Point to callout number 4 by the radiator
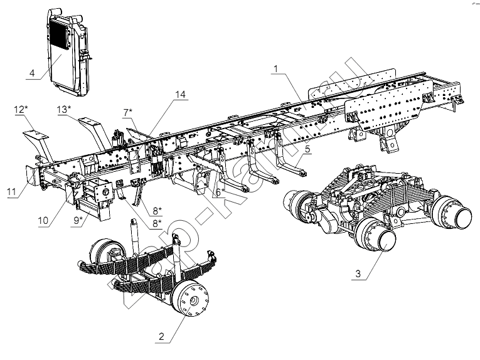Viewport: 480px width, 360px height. [31, 73]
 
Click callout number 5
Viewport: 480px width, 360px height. [307, 151]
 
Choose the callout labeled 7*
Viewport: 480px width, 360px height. [127, 112]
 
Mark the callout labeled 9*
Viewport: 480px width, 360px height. [78, 221]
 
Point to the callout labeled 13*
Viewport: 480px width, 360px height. [63, 110]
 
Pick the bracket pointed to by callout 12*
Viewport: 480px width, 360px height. [36, 137]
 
